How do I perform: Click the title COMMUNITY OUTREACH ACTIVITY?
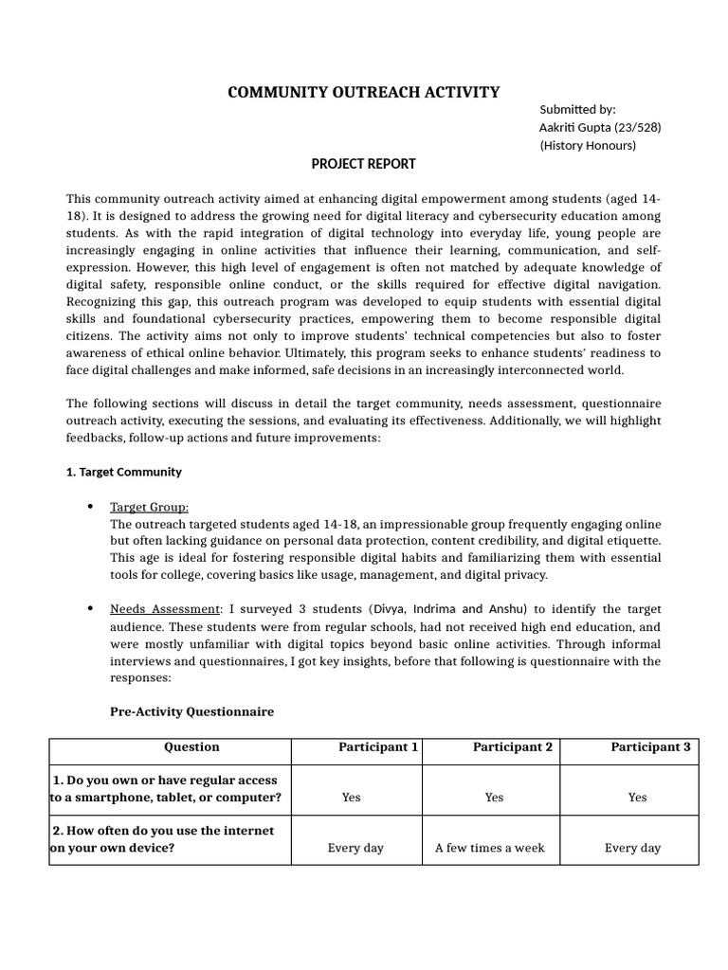[363, 92]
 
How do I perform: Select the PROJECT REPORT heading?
[363, 164]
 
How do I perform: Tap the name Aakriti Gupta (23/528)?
[600, 127]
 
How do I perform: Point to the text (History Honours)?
[588, 145]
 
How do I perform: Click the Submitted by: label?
[577, 109]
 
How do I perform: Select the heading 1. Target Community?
[124, 472]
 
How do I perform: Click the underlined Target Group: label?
[149, 507]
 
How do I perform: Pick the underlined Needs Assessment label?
[165, 609]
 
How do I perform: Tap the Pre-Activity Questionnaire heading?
[192, 711]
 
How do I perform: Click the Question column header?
[191, 746]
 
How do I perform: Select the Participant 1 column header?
[378, 746]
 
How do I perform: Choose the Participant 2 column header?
[512, 746]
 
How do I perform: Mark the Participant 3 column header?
[650, 746]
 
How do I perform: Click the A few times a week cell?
[490, 848]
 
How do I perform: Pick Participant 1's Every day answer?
[355, 848]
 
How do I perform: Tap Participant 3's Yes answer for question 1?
[637, 798]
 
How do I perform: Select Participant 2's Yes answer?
[494, 798]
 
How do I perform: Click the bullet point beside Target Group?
[90, 508]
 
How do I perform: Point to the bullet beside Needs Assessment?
[90, 609]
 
